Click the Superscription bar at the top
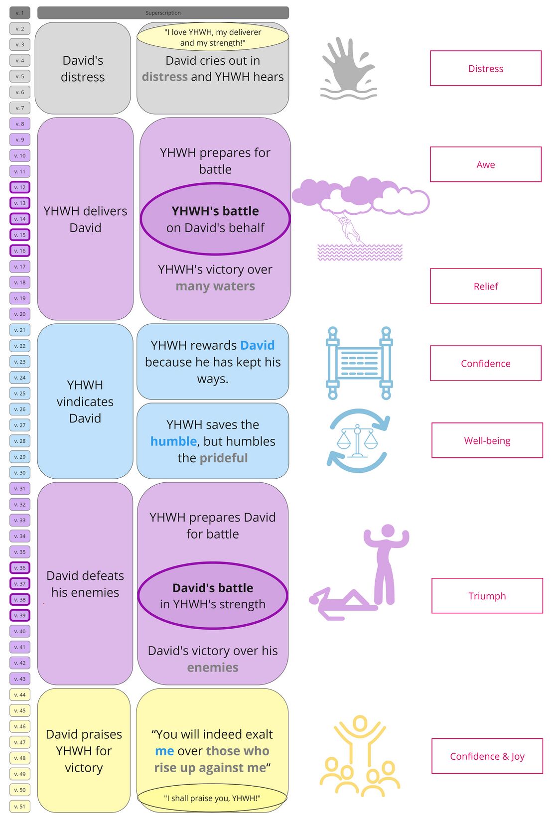click(x=163, y=13)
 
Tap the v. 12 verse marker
click(x=20, y=187)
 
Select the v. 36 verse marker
click(x=20, y=568)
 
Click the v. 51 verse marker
click(x=20, y=806)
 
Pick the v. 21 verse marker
click(x=20, y=330)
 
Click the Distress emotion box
click(x=485, y=68)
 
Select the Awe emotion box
click(x=485, y=164)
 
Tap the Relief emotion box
click(x=485, y=286)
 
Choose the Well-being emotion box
click(x=487, y=440)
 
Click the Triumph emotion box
click(x=487, y=596)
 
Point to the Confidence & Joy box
click(x=487, y=756)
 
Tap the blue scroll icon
click(x=359, y=363)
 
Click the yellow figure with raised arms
click(x=360, y=742)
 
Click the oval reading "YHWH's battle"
click(x=215, y=219)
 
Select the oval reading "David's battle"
click(x=213, y=596)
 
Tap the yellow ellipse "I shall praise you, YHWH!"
click(x=212, y=798)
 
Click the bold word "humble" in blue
click(x=173, y=441)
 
